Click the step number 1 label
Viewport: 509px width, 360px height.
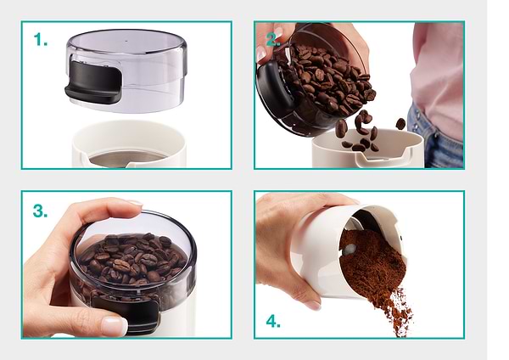pyautogui.click(x=41, y=40)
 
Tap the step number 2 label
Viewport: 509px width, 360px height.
pyautogui.click(x=273, y=40)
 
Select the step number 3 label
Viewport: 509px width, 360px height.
pyautogui.click(x=40, y=211)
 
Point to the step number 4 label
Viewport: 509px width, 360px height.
pyautogui.click(x=273, y=322)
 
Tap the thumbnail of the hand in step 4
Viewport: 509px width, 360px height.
pyautogui.click(x=312, y=305)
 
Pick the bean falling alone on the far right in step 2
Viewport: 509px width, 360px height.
pyautogui.click(x=400, y=124)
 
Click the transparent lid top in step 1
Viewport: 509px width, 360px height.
pyautogui.click(x=127, y=42)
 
